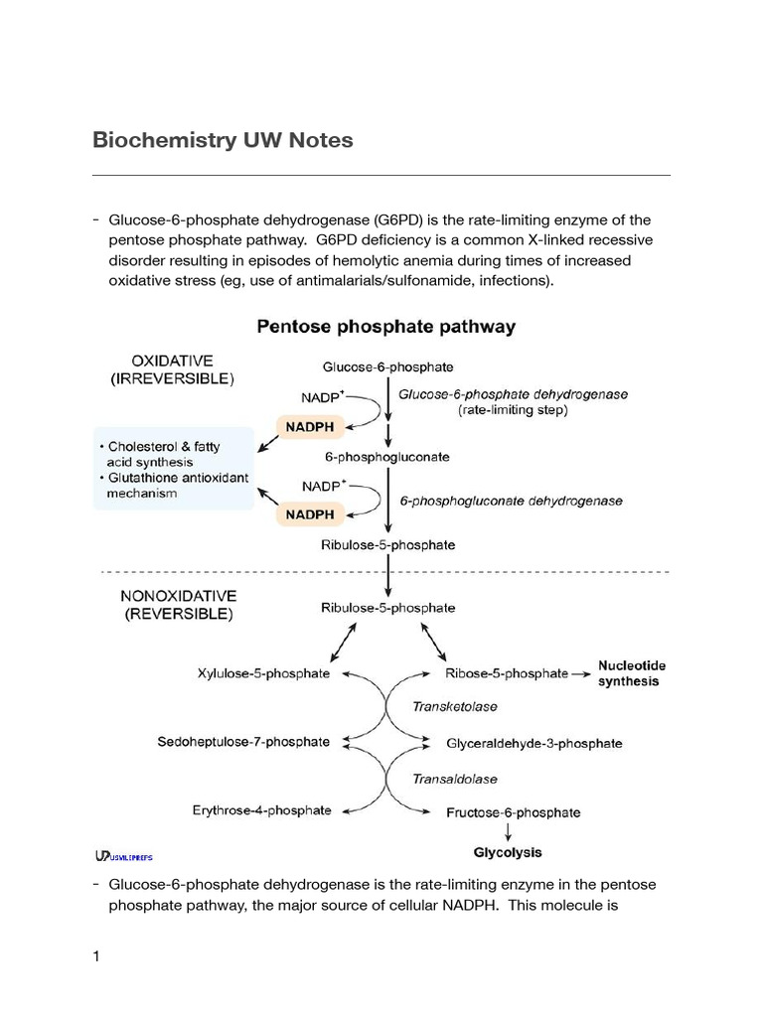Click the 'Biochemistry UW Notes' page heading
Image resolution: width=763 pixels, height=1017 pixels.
click(x=223, y=140)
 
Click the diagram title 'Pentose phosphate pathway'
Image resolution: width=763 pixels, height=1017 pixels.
click(x=386, y=326)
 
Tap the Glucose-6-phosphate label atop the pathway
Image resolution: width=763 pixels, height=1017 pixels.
click(x=388, y=366)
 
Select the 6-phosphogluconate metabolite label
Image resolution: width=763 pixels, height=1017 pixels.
click(x=387, y=458)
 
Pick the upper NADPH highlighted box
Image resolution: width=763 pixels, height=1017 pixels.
click(x=310, y=428)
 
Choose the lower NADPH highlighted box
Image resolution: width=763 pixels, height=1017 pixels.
click(x=310, y=515)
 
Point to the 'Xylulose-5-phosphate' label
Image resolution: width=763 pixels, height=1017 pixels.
click(x=263, y=673)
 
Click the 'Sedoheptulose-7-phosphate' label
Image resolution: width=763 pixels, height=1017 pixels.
click(x=243, y=742)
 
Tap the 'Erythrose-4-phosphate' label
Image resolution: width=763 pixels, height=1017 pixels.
click(x=261, y=810)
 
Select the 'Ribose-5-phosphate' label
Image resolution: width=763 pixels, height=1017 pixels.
click(x=506, y=673)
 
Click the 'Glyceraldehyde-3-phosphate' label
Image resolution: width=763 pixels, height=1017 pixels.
click(x=534, y=743)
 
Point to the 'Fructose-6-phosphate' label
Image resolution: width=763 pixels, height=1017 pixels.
click(x=514, y=812)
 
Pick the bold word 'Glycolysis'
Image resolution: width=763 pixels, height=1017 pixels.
click(x=508, y=852)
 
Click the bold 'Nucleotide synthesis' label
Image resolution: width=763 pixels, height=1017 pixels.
click(x=631, y=673)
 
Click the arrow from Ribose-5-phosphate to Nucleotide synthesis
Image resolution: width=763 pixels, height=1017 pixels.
click(x=582, y=673)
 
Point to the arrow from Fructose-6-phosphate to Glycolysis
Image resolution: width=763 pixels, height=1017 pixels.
click(x=508, y=831)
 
